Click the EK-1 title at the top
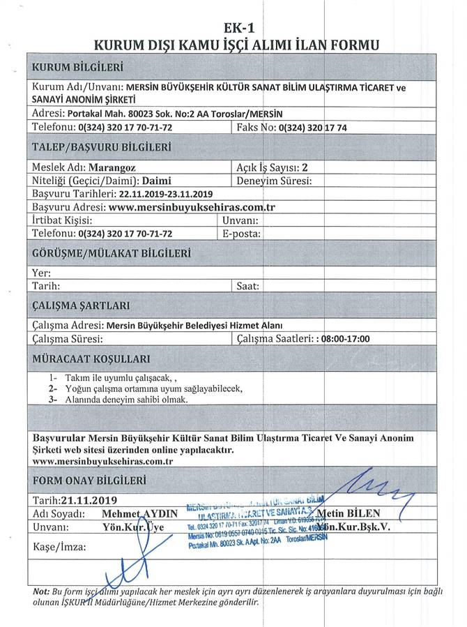coord(237,28)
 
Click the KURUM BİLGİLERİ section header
coord(77,67)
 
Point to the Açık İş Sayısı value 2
coord(305,167)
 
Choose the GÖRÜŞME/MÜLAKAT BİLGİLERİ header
coord(112,253)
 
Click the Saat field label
coord(247,286)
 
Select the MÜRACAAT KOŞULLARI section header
coord(91,359)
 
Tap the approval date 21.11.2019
coord(89,500)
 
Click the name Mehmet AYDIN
coord(139,513)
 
